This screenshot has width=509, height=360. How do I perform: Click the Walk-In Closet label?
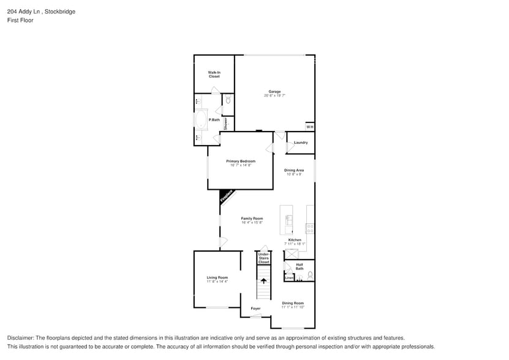tap(214, 74)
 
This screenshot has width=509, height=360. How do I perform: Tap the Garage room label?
tap(274, 91)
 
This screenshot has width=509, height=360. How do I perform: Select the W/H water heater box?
tap(309, 127)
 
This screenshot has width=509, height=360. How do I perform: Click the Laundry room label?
tap(301, 143)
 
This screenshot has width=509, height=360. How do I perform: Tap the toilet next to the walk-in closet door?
tap(228, 99)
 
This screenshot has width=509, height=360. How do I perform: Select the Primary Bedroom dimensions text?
tap(241, 165)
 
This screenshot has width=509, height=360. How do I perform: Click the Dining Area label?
tap(294, 170)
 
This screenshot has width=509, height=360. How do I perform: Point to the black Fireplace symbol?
tap(225, 197)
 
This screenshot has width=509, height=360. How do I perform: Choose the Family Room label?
tap(252, 219)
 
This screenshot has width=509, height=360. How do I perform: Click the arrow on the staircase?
tap(264, 281)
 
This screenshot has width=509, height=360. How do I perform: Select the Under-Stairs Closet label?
tap(263, 258)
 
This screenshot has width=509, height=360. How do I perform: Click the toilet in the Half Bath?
tap(310, 275)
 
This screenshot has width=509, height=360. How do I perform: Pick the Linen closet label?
tap(289, 277)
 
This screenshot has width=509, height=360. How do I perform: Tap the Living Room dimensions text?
tap(217, 282)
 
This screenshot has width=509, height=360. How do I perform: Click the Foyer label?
tap(255, 308)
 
